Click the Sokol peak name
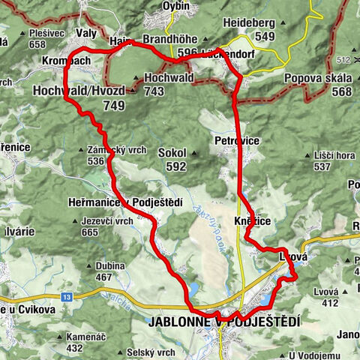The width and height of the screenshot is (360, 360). click(x=172, y=152)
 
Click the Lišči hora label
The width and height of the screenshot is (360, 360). click(x=334, y=155)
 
